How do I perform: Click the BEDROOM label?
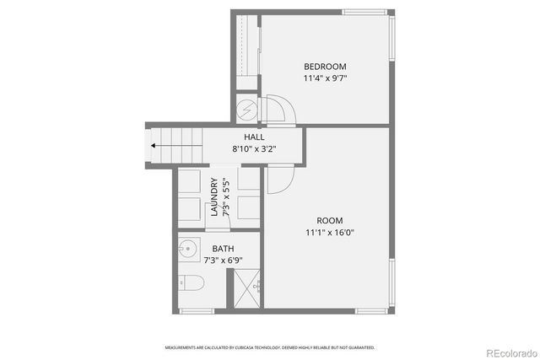click(325, 67)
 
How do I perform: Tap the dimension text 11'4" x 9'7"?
click(325, 78)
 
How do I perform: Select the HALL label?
click(254, 137)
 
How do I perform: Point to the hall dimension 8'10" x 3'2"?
click(254, 149)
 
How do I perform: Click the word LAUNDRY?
click(214, 197)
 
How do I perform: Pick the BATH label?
click(223, 249)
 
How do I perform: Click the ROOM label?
click(329, 221)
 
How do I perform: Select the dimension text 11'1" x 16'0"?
click(329, 234)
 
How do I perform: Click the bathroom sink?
click(187, 250)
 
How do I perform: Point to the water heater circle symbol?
click(246, 110)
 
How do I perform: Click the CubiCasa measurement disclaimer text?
click(270, 347)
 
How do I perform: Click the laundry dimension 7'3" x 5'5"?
click(226, 197)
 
